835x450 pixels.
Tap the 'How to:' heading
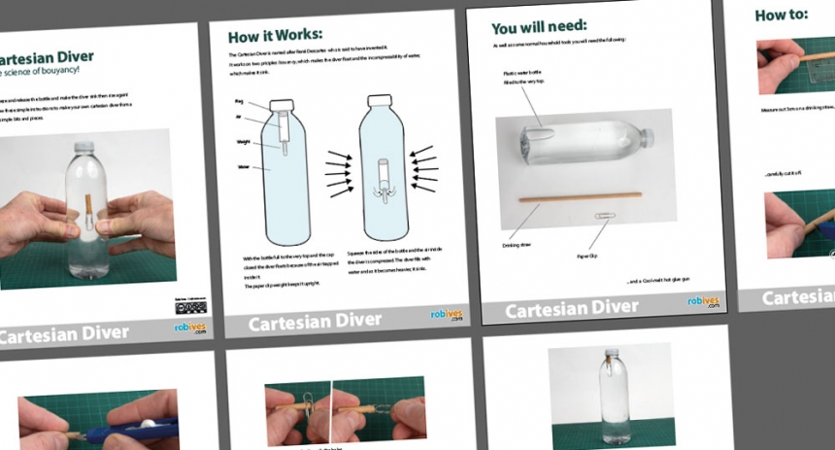point(782,14)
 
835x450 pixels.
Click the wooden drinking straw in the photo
point(584,197)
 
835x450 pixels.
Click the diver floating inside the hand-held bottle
point(90,215)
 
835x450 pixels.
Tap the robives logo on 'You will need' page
point(704,300)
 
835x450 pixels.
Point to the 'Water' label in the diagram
point(244,166)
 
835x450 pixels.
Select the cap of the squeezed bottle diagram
point(379,99)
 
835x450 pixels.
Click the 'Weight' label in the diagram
point(244,141)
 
